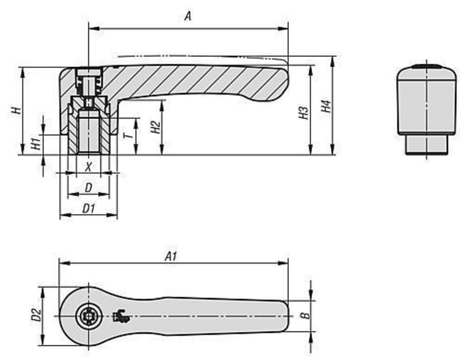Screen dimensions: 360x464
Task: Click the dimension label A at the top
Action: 187,17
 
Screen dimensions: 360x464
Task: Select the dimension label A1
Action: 170,256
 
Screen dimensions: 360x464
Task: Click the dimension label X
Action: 88,167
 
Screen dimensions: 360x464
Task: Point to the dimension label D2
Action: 36,315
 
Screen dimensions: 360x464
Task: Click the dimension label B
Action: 306,315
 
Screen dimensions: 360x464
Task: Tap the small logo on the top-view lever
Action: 121,316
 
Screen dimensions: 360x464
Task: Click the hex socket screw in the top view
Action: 89,316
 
